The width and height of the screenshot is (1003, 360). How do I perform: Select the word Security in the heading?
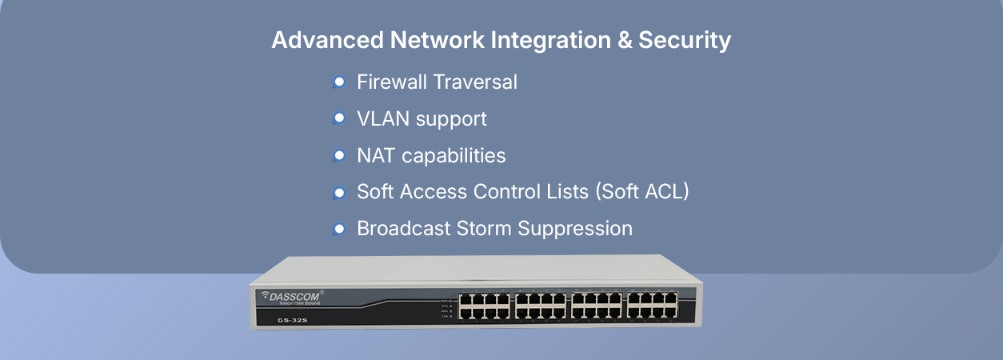point(685,40)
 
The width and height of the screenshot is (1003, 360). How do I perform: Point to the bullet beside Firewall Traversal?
point(339,82)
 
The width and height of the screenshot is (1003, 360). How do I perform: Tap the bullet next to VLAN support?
point(339,118)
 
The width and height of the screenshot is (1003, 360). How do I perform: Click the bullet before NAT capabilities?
point(339,155)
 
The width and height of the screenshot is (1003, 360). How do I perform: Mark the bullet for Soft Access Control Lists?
point(339,192)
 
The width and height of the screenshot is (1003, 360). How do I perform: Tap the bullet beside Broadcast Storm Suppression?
point(339,229)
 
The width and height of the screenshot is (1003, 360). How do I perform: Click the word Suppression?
point(575,229)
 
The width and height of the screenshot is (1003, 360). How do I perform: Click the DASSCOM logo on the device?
point(293,296)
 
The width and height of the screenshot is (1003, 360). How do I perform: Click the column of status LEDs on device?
point(450,306)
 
